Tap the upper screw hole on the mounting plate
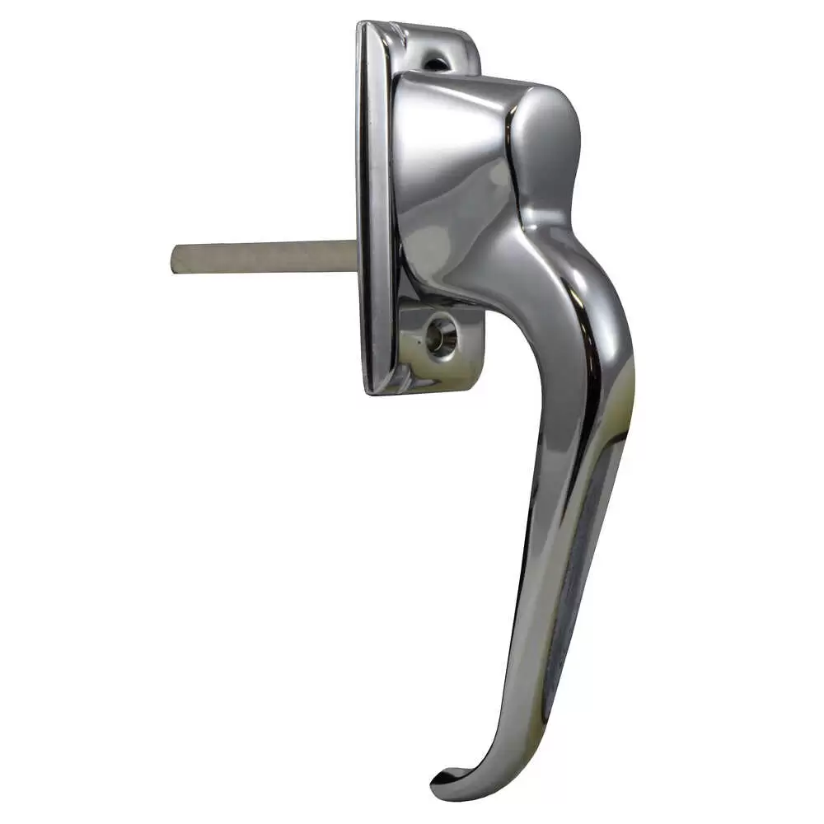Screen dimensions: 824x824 [438, 59]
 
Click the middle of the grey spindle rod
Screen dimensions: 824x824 [264, 256]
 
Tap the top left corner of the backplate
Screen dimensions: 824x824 [363, 26]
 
